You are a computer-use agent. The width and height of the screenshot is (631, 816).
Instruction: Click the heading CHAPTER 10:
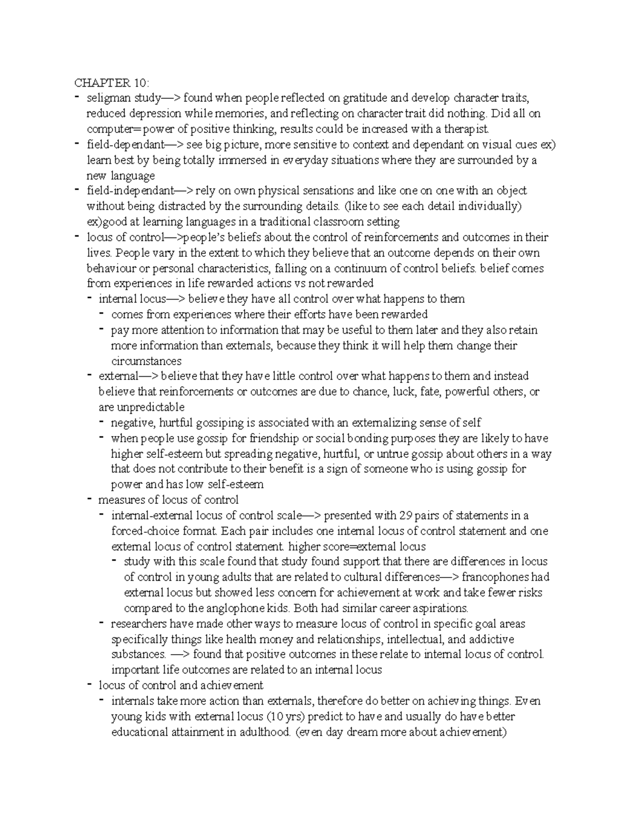pyautogui.click(x=111, y=83)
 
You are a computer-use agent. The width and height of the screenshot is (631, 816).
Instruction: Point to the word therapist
pyautogui.click(x=467, y=129)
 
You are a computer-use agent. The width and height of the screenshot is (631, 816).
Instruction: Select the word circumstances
pyautogui.click(x=147, y=361)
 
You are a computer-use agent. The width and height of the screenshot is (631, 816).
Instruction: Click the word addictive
pyautogui.click(x=491, y=639)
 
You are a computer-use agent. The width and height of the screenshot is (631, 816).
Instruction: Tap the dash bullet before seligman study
pyautogui.click(x=78, y=97)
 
